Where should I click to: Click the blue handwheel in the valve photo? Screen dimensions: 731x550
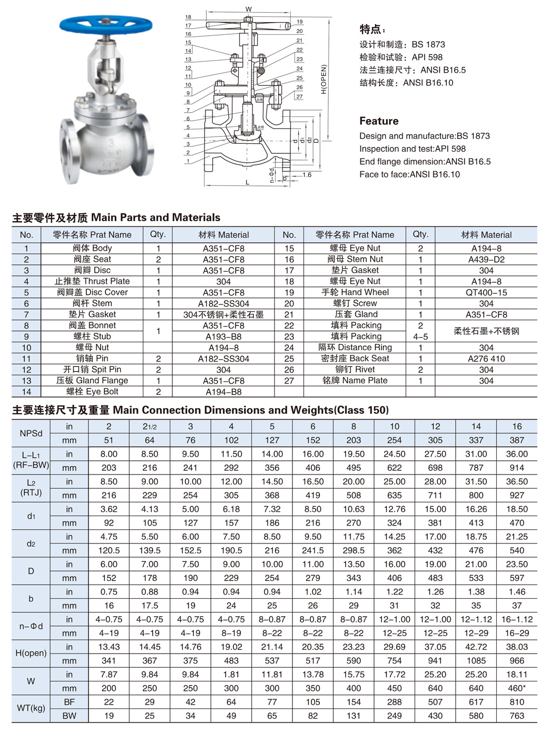(105, 23)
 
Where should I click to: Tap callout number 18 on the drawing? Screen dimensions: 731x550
(188, 17)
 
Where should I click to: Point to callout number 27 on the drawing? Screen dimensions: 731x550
(299, 96)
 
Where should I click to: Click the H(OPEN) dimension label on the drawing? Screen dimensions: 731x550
(323, 79)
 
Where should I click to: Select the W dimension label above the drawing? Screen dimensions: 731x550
(249, 9)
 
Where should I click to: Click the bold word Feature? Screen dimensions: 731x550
(379, 121)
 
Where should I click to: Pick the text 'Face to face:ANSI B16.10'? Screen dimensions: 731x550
(409, 174)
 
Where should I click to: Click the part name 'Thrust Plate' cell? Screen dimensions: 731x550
(92, 281)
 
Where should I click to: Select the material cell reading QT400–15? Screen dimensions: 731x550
(486, 292)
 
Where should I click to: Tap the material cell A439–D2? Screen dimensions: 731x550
(486, 259)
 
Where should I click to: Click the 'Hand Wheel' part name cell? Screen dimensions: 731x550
(355, 292)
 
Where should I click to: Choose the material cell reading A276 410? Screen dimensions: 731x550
(486, 359)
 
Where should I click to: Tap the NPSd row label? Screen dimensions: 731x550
(31, 433)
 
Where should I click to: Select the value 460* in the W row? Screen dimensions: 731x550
(517, 688)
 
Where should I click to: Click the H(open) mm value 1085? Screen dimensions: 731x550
(476, 660)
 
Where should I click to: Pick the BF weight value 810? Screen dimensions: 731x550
(517, 702)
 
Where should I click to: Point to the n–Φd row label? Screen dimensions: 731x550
(31, 626)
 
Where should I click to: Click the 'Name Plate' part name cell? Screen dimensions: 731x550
(355, 380)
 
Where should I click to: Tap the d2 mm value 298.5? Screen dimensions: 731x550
(353, 550)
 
